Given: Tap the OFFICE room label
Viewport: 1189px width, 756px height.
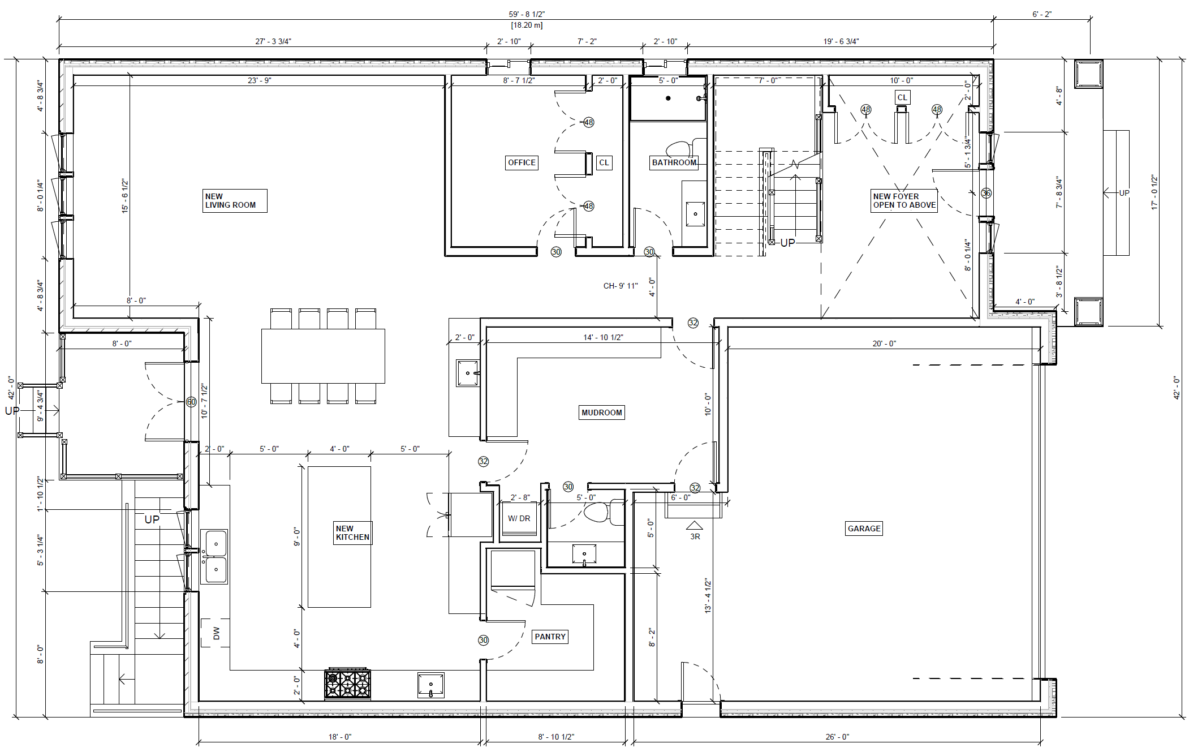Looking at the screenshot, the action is [x=522, y=162].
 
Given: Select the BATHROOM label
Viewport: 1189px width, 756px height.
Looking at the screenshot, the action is [x=674, y=162].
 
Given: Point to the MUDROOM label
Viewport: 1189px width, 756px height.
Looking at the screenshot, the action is [x=602, y=413].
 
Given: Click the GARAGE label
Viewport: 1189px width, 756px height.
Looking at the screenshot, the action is [x=864, y=529].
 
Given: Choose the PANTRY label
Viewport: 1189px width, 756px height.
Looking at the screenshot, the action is [x=550, y=637].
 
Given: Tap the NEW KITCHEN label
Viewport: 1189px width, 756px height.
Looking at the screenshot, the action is [x=352, y=533].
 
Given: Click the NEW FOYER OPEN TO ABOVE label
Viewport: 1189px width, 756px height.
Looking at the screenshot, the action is [x=904, y=201].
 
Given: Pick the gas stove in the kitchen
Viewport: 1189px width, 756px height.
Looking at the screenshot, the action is [x=347, y=684].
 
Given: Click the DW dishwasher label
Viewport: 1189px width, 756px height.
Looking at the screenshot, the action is [x=216, y=634].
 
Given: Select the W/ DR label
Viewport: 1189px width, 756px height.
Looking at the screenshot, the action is [x=519, y=518].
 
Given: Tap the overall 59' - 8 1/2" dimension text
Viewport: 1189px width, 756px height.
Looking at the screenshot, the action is [x=527, y=14].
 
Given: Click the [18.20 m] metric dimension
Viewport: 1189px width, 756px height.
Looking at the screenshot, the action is [x=527, y=25].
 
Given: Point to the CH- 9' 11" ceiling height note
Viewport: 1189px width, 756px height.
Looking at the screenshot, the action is [x=621, y=286].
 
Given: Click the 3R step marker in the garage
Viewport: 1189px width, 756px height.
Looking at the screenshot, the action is [x=695, y=536].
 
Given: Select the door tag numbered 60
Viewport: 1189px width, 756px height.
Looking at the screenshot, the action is [x=191, y=402].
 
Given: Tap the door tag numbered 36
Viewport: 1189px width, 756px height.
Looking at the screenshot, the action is [x=986, y=193].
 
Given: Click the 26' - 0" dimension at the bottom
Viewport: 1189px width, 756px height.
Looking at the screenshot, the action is [x=837, y=737].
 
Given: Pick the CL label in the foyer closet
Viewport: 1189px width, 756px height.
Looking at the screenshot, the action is [x=902, y=97].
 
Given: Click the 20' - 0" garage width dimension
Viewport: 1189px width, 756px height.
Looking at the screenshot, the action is [x=884, y=343].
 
